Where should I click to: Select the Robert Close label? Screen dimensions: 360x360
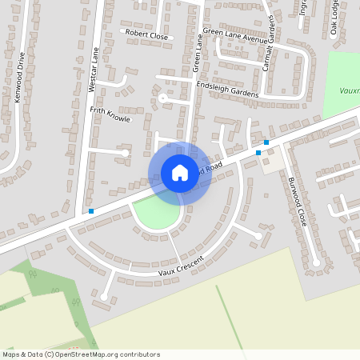click(x=147, y=35)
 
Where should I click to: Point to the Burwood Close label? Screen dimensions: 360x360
click(x=297, y=202)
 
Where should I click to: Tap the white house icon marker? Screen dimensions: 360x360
click(x=180, y=173)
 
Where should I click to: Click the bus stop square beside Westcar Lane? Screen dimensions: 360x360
click(x=92, y=211)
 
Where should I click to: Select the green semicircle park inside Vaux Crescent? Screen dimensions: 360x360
click(x=158, y=212)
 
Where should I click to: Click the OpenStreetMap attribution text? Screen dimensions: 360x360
click(x=81, y=354)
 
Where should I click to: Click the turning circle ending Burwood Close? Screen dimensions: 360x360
click(x=317, y=262)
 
